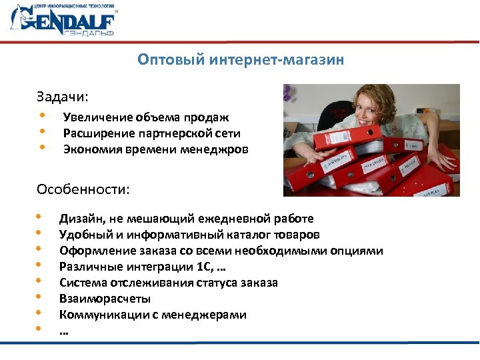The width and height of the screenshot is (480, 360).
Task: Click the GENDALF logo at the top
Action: pyautogui.click(x=64, y=21)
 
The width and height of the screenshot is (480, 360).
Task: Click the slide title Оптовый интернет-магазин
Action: pyautogui.click(x=241, y=61)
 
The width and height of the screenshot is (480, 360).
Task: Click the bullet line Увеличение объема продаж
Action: pyautogui.click(x=145, y=117)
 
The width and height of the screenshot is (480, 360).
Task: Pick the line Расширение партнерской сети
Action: pyautogui.click(x=151, y=133)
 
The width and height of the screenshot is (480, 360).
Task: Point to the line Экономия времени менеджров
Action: pyautogui.click(x=155, y=149)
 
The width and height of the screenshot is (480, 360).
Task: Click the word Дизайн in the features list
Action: pyautogui.click(x=79, y=219)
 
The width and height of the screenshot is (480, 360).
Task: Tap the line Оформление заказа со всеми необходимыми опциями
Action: pyautogui.click(x=221, y=251)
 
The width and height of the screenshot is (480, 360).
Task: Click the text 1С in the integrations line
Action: pyautogui.click(x=206, y=267)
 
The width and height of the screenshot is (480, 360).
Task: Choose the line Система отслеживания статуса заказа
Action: pyautogui.click(x=168, y=283)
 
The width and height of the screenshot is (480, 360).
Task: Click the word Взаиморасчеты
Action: pyautogui.click(x=105, y=299)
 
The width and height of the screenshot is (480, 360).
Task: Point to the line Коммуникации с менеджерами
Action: pyautogui.click(x=153, y=315)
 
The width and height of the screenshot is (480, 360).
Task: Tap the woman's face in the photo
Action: pyautogui.click(x=373, y=114)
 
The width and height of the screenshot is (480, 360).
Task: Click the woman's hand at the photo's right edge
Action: pyautogui.click(x=446, y=161)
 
